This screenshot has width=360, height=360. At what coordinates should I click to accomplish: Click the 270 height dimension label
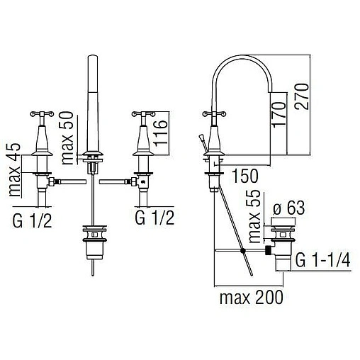pos(301,96)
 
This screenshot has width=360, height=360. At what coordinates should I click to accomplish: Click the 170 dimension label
pos(279,115)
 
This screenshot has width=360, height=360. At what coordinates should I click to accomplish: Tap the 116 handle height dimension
pos(160,133)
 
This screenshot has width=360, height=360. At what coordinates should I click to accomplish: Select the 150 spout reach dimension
pos(245,176)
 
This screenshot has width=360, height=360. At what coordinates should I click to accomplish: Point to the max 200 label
pos(251,298)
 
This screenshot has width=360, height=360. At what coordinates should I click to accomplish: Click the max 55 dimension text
pos(254,217)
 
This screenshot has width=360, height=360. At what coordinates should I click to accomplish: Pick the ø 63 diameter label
pos(288,208)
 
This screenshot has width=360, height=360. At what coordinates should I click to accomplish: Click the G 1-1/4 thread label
pos(322,259)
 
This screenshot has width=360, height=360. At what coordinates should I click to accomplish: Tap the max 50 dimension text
pos(67,137)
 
